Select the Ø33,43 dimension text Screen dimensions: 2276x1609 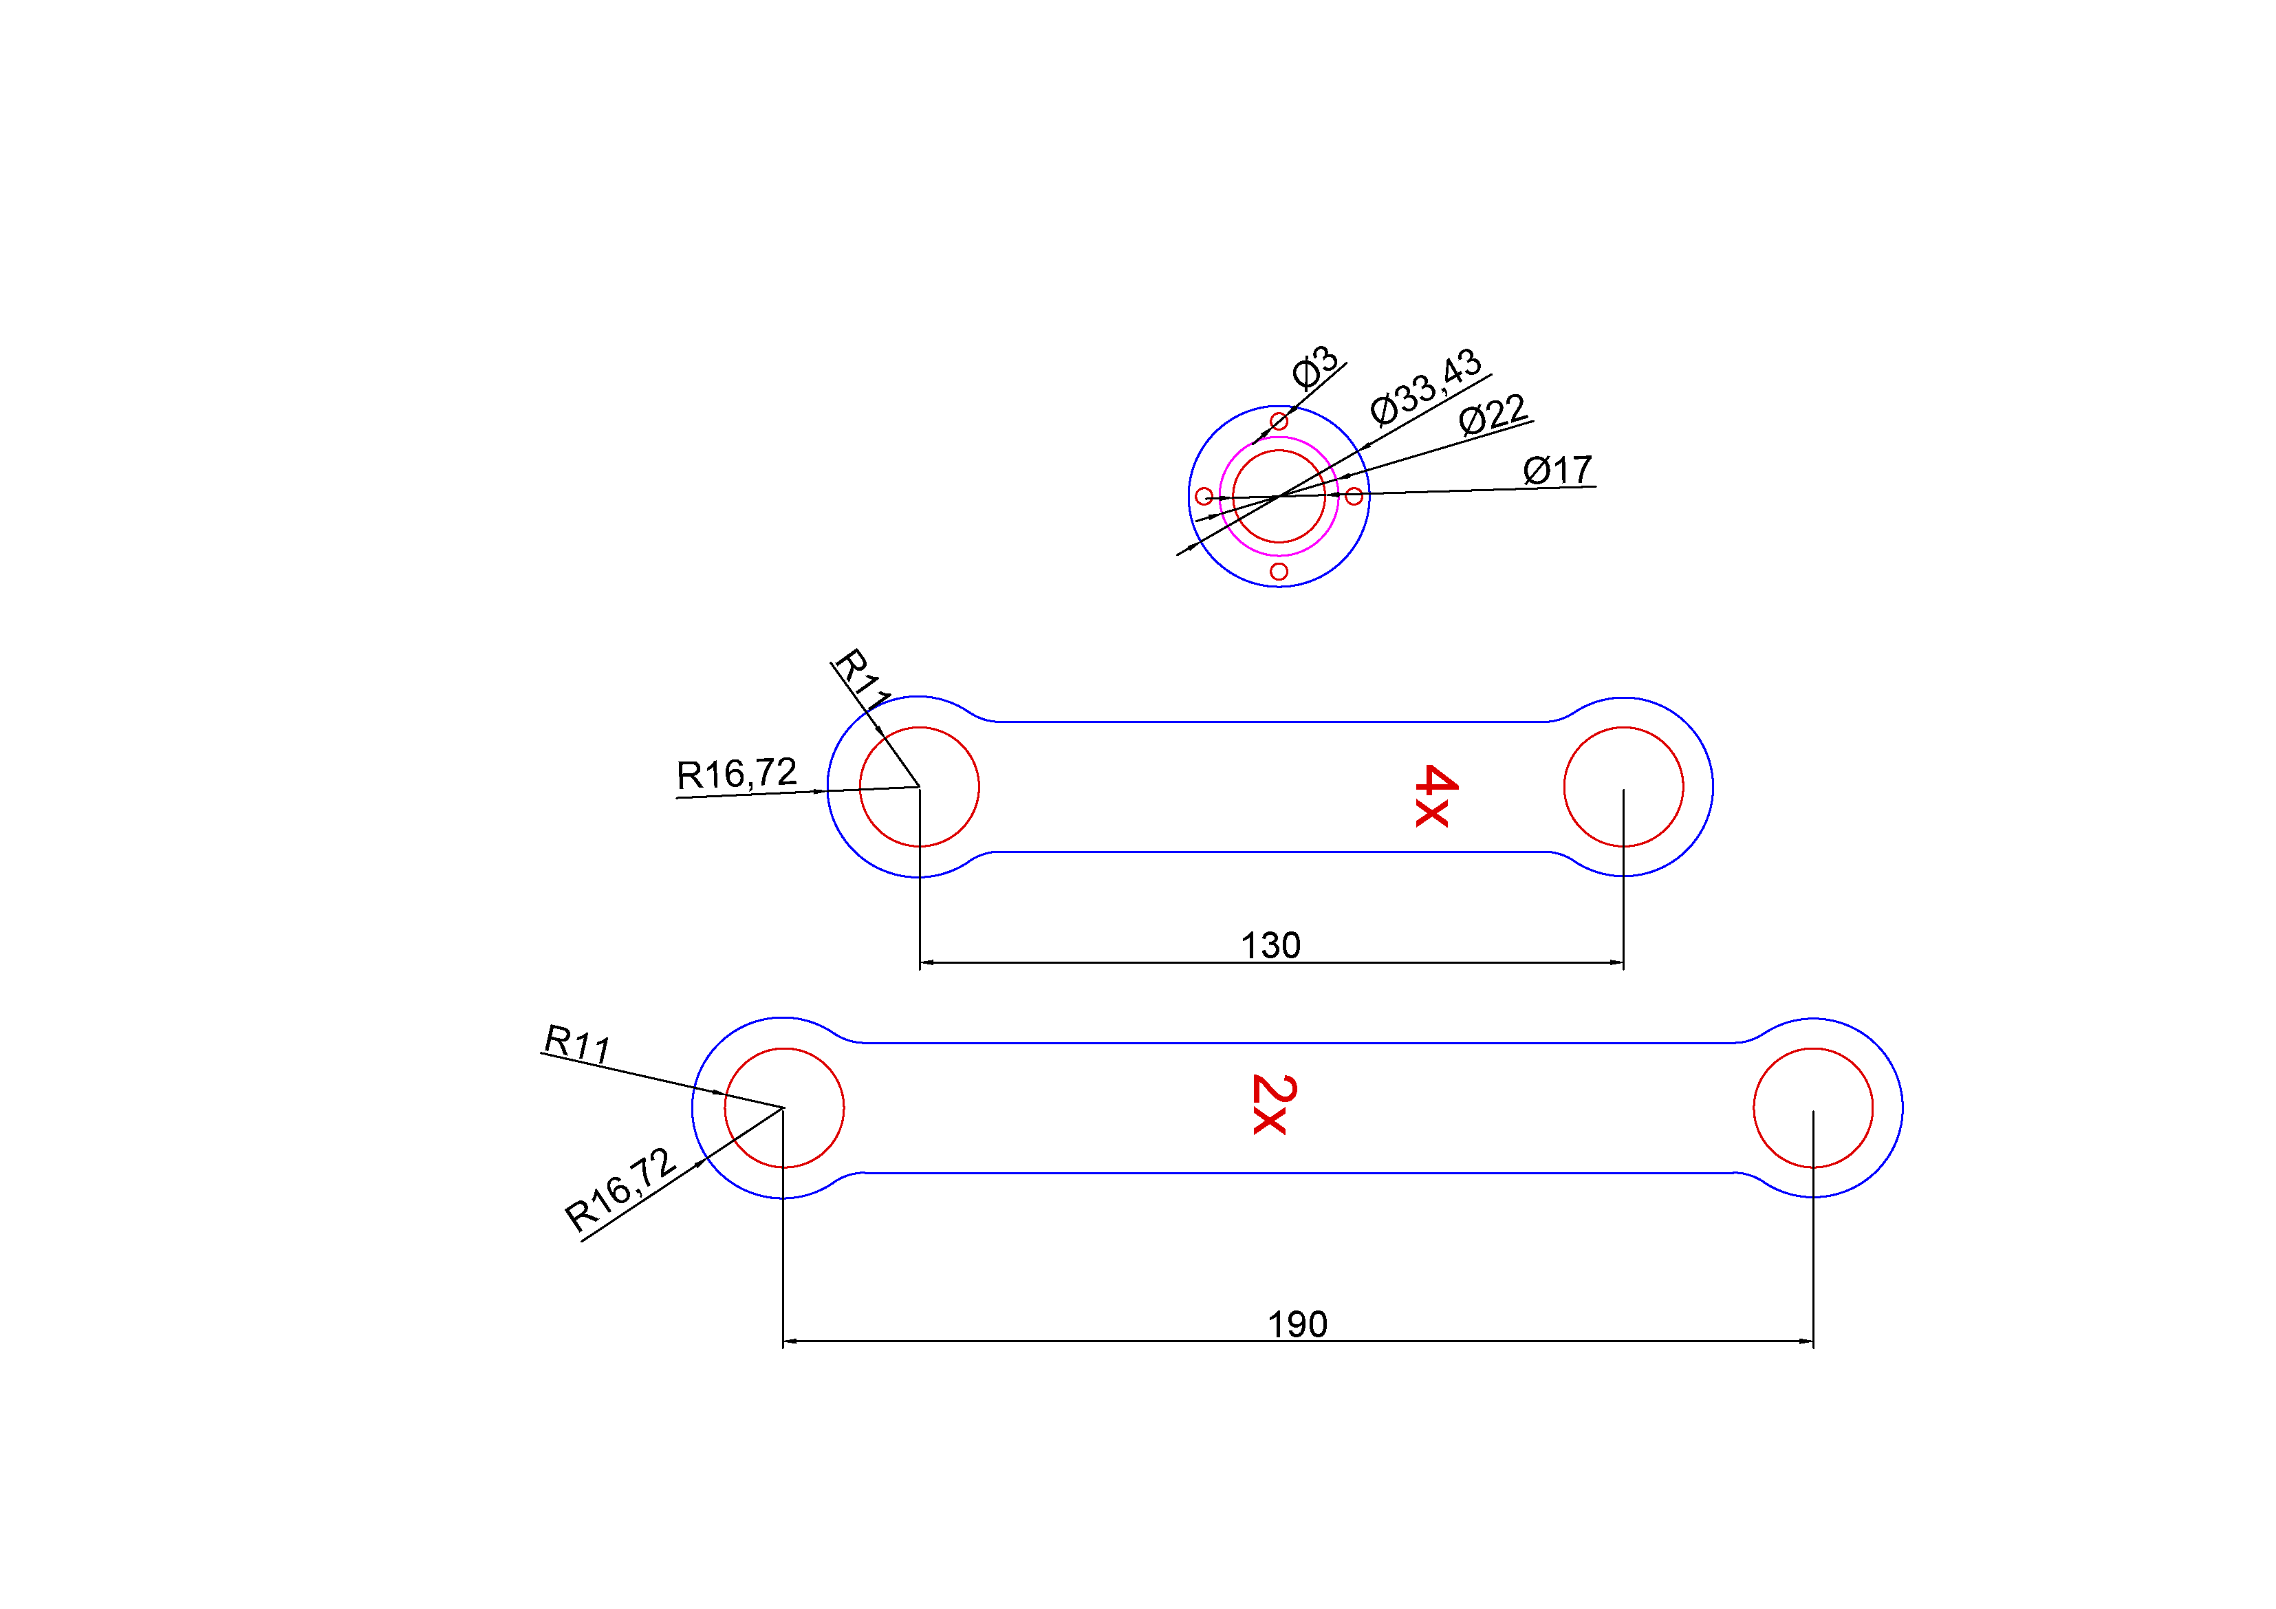point(1425,387)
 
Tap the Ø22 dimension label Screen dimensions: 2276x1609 point(1493,414)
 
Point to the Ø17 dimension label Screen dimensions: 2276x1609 point(1557,470)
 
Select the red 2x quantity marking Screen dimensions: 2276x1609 point(1274,1104)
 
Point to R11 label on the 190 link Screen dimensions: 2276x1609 point(577,1044)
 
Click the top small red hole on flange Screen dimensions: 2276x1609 point(1279,421)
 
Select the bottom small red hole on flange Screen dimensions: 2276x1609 point(1279,572)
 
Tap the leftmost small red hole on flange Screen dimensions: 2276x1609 point(1204,497)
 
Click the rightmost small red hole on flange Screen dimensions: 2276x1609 point(1354,496)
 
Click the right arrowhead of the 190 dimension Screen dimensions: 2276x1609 point(1806,1341)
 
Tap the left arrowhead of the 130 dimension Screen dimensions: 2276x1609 point(927,962)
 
